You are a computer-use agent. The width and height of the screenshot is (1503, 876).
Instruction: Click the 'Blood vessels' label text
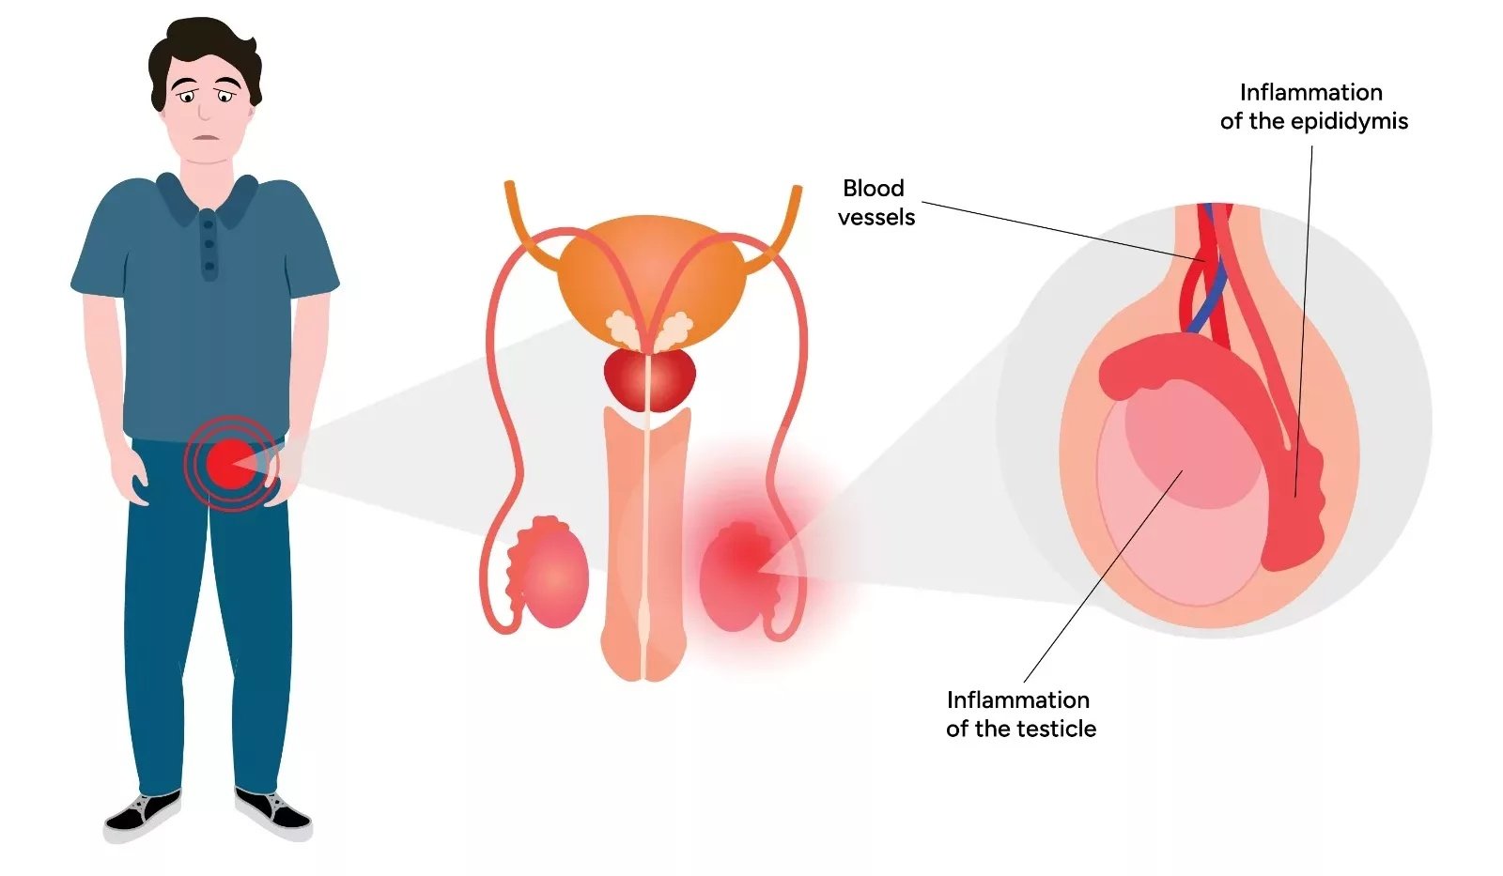point(876,203)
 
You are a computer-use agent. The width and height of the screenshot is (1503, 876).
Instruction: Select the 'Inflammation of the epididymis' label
point(1314,107)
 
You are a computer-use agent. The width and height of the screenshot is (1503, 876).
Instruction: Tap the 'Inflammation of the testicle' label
point(1020,715)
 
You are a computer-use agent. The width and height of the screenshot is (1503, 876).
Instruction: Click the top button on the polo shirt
point(209,224)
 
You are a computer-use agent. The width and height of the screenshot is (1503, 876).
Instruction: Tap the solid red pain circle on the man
point(231,464)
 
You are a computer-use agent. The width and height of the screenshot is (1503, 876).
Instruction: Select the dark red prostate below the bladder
point(649,379)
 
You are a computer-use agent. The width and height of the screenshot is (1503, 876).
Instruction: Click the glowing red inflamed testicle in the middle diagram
point(738,576)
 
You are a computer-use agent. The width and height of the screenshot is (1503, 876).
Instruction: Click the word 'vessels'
point(876,217)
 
